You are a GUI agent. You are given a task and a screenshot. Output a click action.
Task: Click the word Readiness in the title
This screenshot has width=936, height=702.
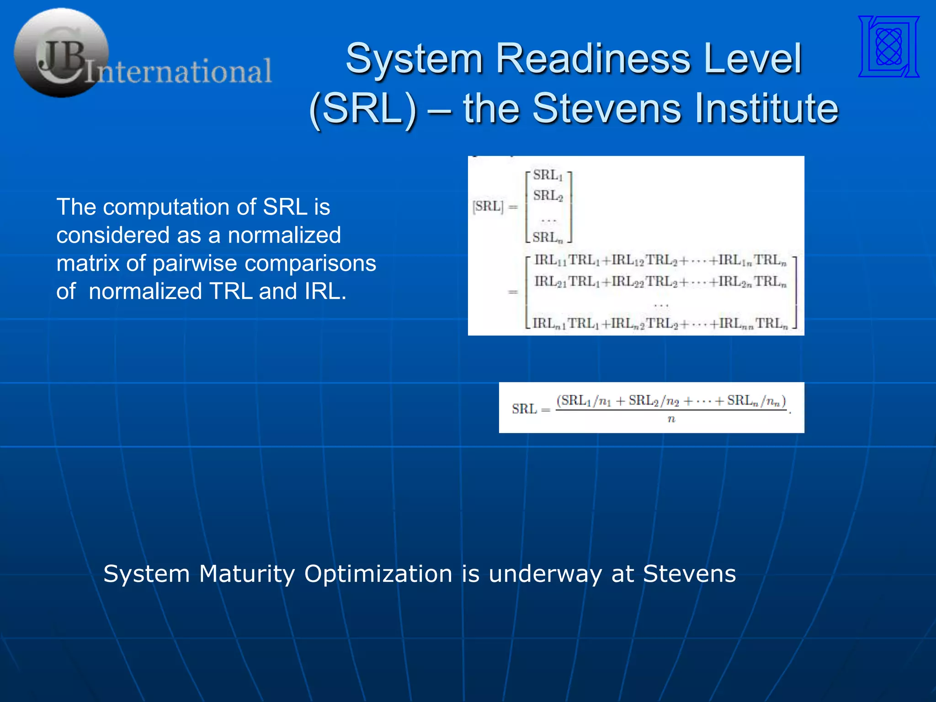[593, 58]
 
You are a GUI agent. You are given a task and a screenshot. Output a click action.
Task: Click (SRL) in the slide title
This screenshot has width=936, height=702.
[363, 108]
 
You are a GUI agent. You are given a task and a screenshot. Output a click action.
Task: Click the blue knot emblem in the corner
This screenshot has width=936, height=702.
[889, 46]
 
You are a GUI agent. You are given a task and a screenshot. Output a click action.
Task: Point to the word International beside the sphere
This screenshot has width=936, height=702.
[179, 71]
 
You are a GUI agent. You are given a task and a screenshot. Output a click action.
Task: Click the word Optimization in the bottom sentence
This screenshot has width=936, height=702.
[378, 574]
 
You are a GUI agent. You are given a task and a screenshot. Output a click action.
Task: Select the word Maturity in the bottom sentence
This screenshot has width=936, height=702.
[247, 574]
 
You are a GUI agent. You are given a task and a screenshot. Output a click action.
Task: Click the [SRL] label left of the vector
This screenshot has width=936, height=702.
[488, 207]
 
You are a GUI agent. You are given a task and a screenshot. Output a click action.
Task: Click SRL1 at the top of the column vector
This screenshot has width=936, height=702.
[548, 175]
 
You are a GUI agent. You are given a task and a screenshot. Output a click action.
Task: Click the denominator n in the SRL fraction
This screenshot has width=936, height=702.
[671, 419]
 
